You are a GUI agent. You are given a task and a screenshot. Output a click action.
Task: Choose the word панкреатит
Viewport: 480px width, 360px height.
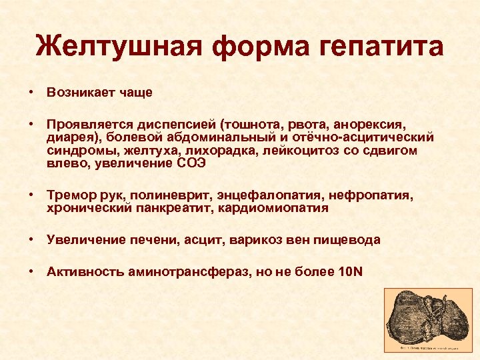(x=164, y=208)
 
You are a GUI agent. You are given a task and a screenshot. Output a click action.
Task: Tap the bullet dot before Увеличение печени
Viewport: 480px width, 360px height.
(x=31, y=240)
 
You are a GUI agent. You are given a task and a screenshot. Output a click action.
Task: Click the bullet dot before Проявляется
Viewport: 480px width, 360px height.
(x=31, y=124)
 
